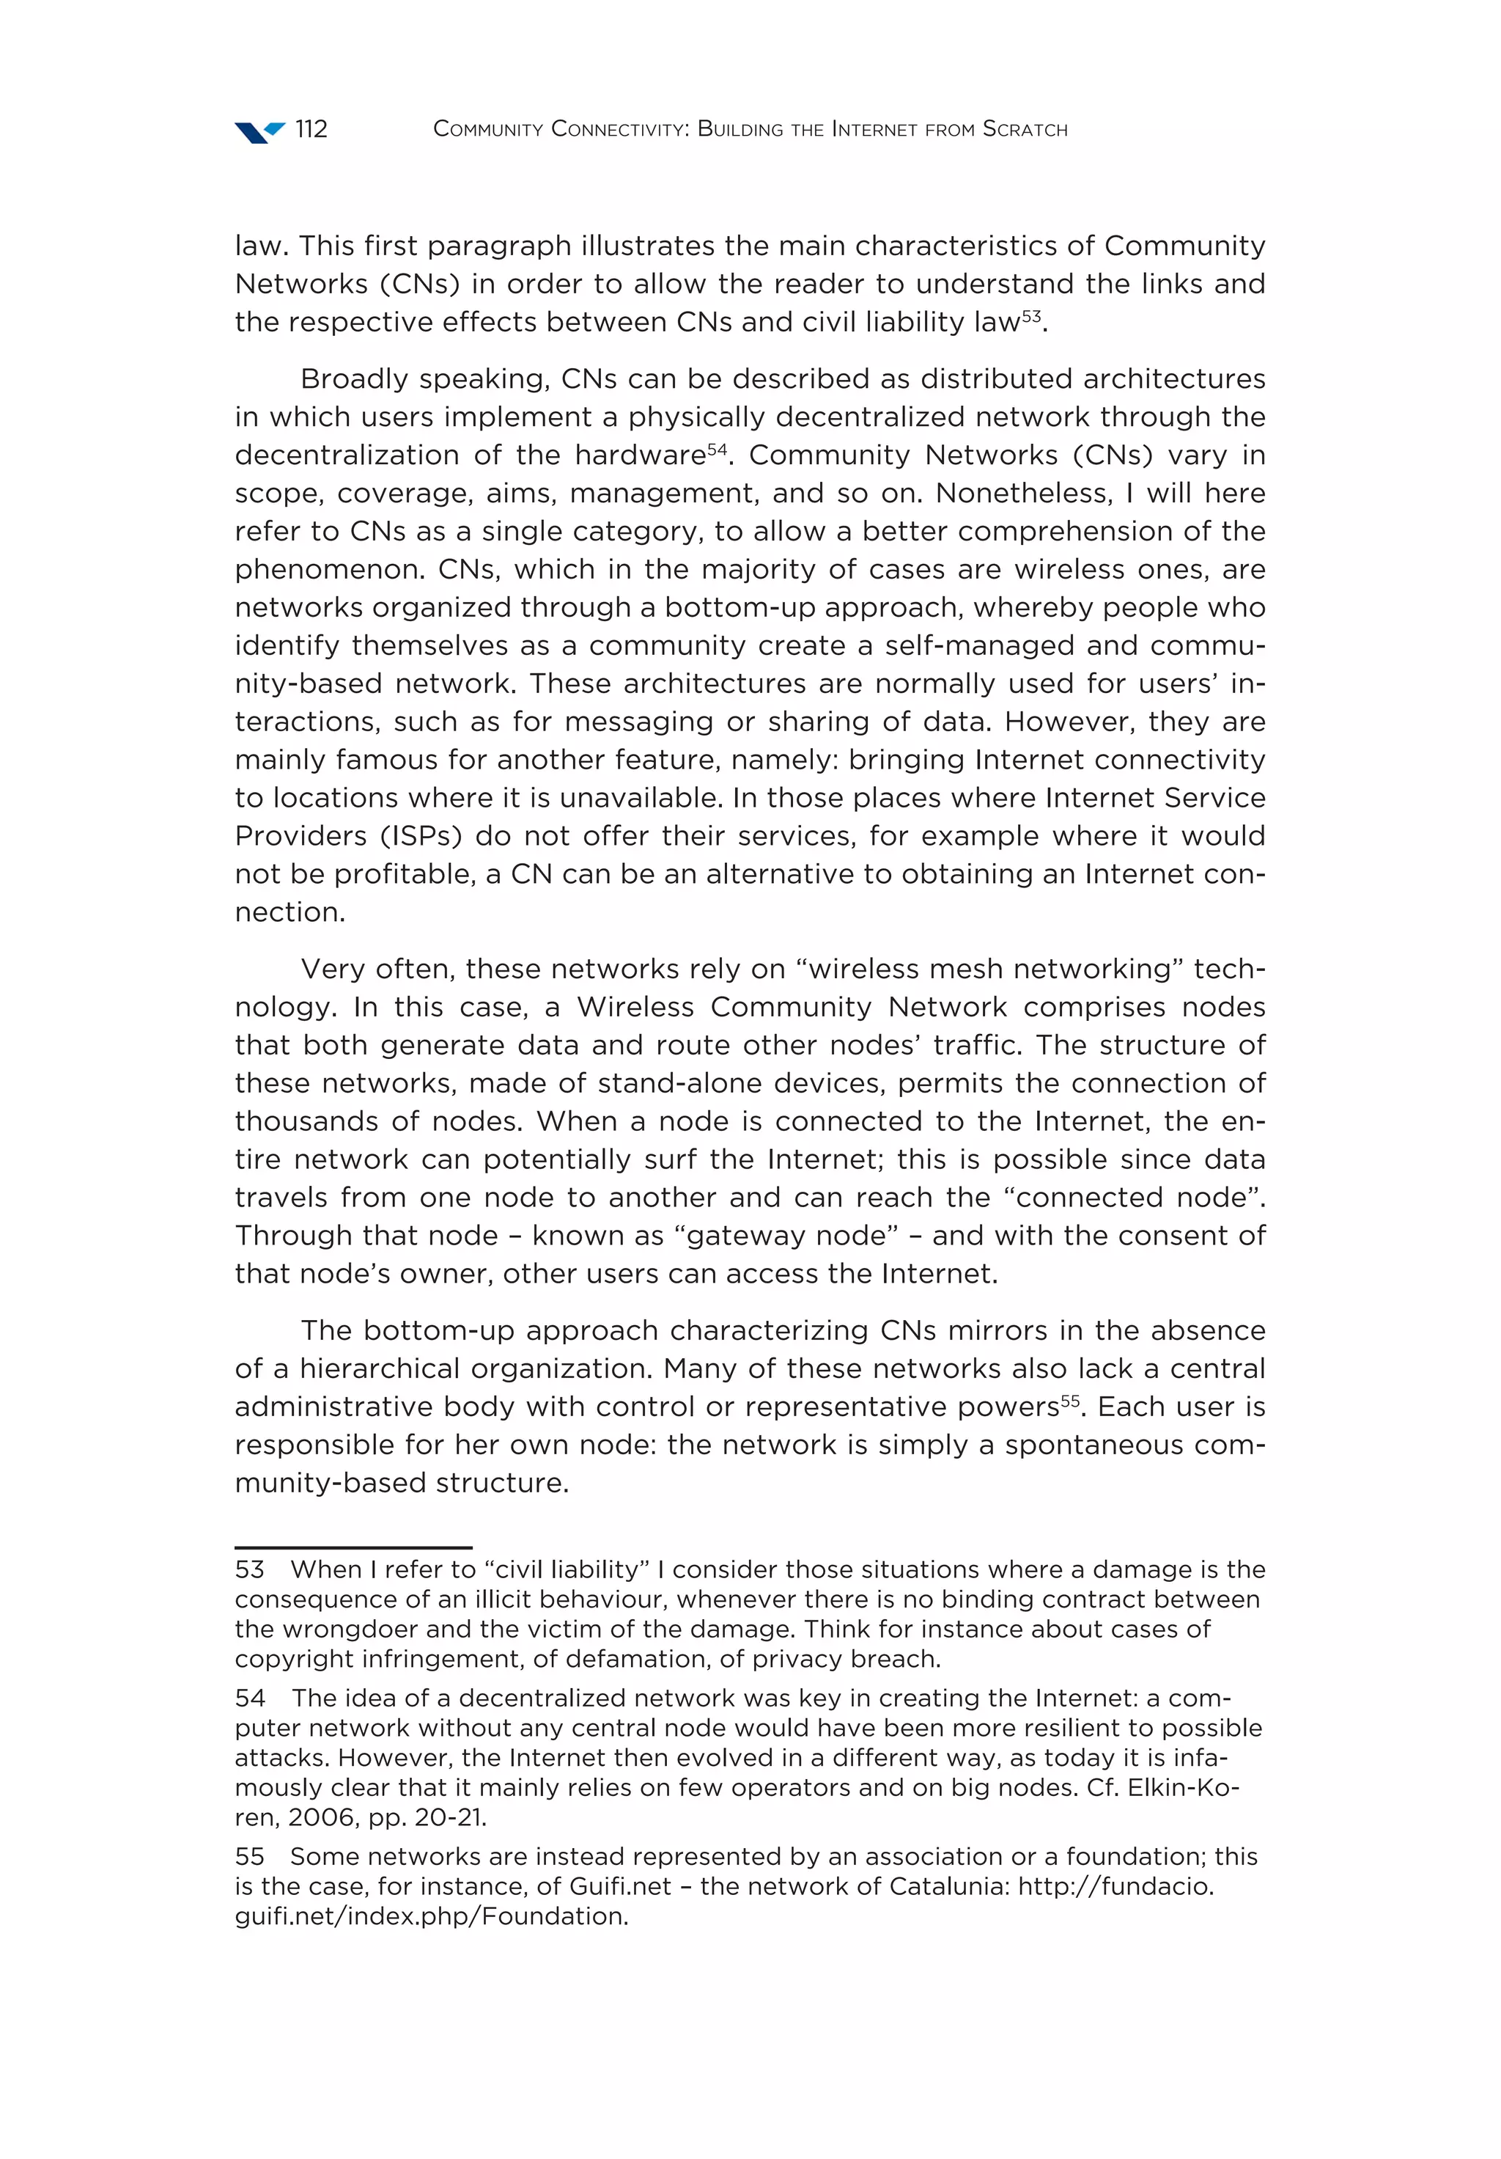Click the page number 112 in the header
point(311,129)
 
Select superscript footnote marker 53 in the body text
point(1031,316)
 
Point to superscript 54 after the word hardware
point(716,449)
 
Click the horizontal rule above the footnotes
point(353,1547)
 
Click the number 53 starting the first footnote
point(249,1569)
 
